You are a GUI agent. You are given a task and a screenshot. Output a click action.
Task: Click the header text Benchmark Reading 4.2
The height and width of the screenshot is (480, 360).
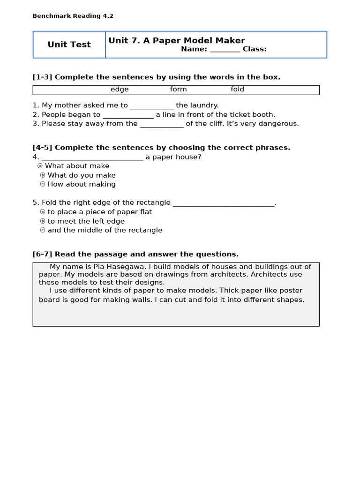point(73,16)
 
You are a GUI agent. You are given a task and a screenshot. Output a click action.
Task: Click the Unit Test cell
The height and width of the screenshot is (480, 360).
point(69,45)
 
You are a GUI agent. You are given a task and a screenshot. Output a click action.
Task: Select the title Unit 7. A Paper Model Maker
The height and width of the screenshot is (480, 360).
point(177,40)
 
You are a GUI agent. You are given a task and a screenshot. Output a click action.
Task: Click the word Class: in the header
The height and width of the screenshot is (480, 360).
point(255,49)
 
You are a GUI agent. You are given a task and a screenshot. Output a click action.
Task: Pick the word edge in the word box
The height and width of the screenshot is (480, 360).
point(120,90)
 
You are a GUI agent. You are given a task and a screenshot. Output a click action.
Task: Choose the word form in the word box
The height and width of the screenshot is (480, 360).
point(178,90)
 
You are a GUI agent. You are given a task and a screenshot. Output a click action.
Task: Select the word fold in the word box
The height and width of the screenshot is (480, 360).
point(237,90)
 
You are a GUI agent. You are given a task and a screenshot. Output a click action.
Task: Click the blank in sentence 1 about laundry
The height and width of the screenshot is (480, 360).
point(151,106)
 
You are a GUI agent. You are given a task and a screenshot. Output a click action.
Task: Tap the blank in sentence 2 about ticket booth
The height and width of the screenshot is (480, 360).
point(127,115)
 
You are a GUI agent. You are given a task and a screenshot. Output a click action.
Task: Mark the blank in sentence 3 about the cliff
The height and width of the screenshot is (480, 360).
point(162,124)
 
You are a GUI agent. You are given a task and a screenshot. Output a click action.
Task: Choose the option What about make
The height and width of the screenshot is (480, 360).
point(77,166)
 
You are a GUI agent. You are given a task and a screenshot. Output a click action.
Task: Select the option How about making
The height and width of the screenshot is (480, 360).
point(81,184)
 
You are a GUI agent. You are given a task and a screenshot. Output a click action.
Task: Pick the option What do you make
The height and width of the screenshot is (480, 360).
point(81,175)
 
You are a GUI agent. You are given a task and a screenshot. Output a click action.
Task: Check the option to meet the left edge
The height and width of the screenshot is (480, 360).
point(86,221)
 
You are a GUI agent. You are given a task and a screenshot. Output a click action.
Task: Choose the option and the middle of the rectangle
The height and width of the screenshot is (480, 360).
point(105,230)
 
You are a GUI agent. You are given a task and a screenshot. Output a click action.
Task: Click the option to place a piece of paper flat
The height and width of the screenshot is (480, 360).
point(99,212)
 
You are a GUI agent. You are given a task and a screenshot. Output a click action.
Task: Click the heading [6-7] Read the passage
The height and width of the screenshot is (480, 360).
point(135,254)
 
